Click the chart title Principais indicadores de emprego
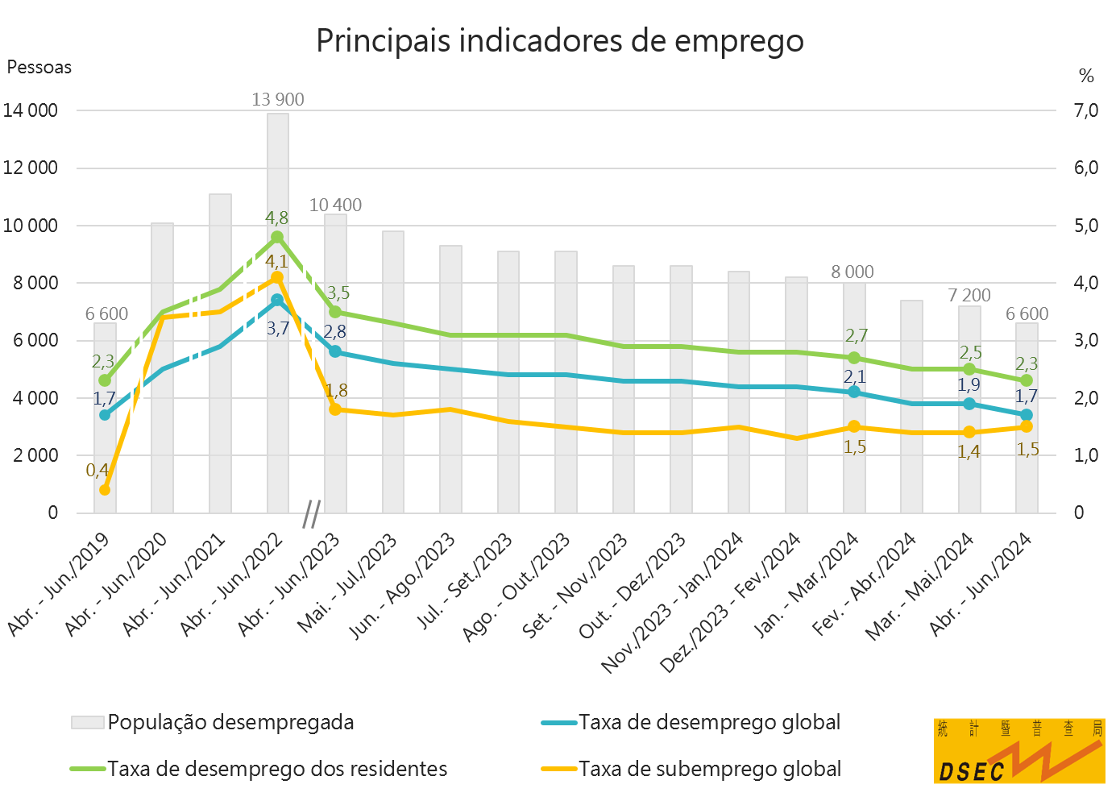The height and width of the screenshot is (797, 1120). click(559, 40)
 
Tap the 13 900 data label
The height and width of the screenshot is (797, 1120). click(278, 100)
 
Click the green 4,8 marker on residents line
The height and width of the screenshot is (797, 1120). click(277, 237)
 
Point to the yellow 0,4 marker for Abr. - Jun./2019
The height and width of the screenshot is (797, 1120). click(105, 490)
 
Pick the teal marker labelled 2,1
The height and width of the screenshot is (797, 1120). click(854, 392)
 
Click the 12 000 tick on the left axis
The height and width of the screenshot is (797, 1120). click(31, 168)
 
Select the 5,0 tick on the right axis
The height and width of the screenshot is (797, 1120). click(1085, 226)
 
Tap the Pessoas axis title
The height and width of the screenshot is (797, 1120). click(39, 68)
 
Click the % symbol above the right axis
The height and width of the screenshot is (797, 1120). click(1086, 77)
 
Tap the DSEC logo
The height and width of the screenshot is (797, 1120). click(1019, 751)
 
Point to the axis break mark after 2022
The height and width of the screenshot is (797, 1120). click(312, 513)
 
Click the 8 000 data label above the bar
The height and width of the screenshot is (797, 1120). click(852, 272)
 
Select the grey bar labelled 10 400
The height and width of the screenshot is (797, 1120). click(336, 363)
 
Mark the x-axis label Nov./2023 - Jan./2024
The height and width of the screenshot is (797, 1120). click(674, 604)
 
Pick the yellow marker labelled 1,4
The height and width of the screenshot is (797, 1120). click(969, 432)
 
